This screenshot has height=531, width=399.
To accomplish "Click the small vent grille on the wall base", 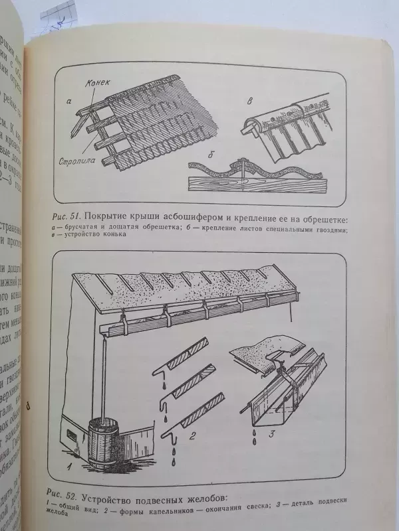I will [x=68, y=435].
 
